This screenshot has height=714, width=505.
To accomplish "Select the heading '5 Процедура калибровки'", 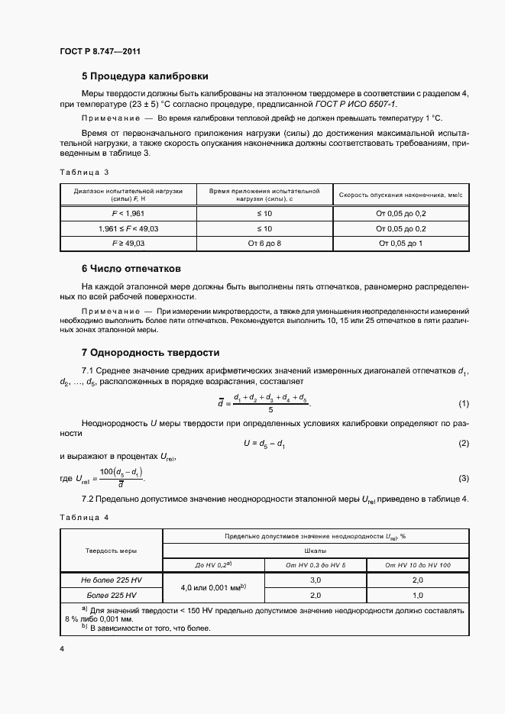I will click(145, 76).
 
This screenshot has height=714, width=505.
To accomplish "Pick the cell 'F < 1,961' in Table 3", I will click(128, 214).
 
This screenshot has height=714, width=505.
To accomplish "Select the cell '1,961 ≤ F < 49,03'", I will click(128, 228).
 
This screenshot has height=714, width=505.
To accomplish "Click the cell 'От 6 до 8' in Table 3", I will click(264, 243).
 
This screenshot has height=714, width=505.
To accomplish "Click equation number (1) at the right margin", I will click(463, 402).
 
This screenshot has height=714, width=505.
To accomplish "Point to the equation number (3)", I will click(463, 478).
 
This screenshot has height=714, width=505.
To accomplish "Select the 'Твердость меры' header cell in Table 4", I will click(112, 550).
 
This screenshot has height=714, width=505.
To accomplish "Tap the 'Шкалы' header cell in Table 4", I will click(316, 550).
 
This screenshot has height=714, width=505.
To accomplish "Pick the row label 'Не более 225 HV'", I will click(112, 580).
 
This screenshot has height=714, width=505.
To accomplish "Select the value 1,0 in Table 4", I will click(418, 595).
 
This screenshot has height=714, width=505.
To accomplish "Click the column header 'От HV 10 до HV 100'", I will click(418, 565).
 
